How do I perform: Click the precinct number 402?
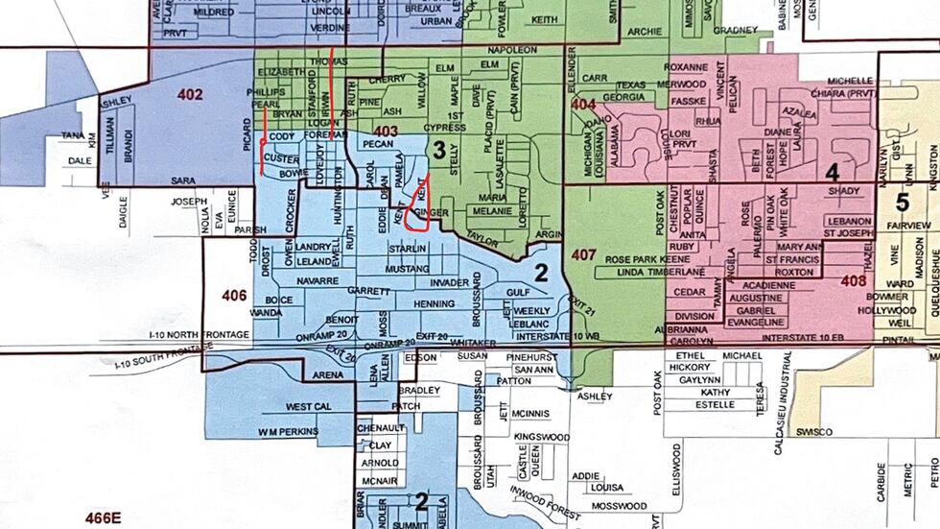[x=190, y=95]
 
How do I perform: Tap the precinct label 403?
[x=386, y=132]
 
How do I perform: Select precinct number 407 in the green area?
[x=583, y=255]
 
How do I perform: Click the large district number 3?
[x=439, y=150]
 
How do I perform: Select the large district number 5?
[x=902, y=203]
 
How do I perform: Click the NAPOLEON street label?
[x=512, y=50]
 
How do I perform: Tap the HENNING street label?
[x=433, y=304]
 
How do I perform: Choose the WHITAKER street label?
[x=475, y=343]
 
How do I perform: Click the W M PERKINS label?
[x=288, y=432]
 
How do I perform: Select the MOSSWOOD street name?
[x=619, y=506]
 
